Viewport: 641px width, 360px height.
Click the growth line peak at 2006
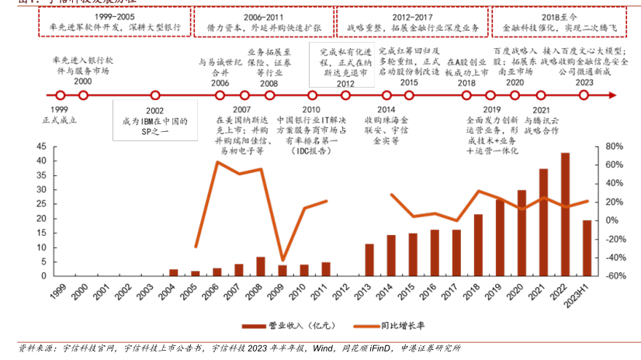coord(217,161)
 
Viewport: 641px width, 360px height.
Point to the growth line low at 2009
coord(282,260)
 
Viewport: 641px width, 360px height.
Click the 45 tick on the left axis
coord(41,147)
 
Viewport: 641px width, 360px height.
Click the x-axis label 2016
coord(434,293)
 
